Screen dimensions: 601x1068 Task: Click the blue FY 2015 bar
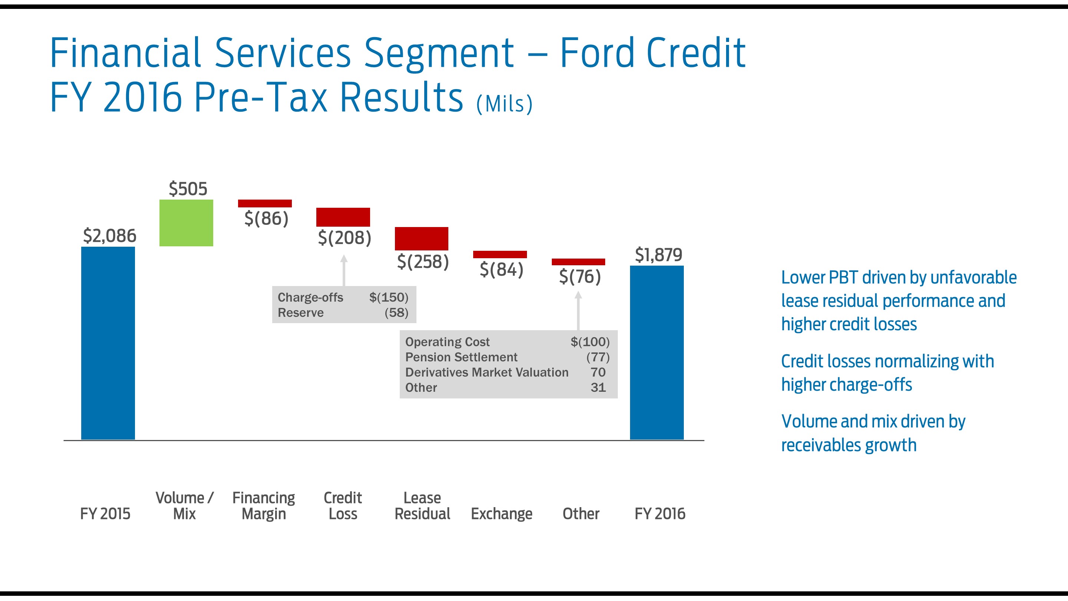click(x=108, y=343)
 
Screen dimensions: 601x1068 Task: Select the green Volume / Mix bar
click(x=186, y=223)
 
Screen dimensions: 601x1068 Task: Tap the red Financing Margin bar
click(x=264, y=203)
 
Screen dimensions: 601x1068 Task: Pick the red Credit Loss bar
click(x=343, y=217)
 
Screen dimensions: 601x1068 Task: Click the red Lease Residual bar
click(x=421, y=239)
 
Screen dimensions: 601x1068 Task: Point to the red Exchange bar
click(x=500, y=254)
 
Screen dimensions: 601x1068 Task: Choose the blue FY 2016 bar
click(x=657, y=352)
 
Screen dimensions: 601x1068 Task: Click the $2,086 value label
click(x=109, y=236)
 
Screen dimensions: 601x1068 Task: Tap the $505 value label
click(x=188, y=189)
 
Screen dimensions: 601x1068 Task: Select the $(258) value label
click(x=423, y=262)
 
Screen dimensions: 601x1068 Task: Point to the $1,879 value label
click(x=658, y=254)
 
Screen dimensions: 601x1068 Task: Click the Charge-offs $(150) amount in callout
click(x=389, y=298)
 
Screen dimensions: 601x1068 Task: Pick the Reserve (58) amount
click(x=396, y=313)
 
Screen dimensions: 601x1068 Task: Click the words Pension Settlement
click(x=461, y=357)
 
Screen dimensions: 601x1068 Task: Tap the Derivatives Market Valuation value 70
click(x=598, y=372)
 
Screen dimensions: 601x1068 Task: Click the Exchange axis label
click(x=501, y=514)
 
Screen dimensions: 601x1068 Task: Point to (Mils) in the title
click(x=504, y=104)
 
